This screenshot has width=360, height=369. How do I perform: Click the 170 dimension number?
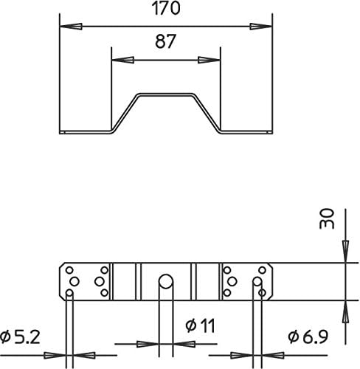point(166,8)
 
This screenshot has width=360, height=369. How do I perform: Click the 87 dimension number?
point(166,41)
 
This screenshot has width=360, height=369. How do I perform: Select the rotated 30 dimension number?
point(327,219)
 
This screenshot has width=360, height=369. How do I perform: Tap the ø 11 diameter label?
point(201,325)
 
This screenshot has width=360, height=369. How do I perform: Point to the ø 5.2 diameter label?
point(20,337)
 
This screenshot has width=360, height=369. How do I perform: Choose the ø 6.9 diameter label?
point(308,337)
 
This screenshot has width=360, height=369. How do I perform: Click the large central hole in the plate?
point(166,281)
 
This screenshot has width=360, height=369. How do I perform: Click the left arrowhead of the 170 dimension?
point(71,27)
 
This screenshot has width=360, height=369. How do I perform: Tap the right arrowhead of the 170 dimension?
point(261,27)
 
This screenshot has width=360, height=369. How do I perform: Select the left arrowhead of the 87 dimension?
point(123,60)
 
